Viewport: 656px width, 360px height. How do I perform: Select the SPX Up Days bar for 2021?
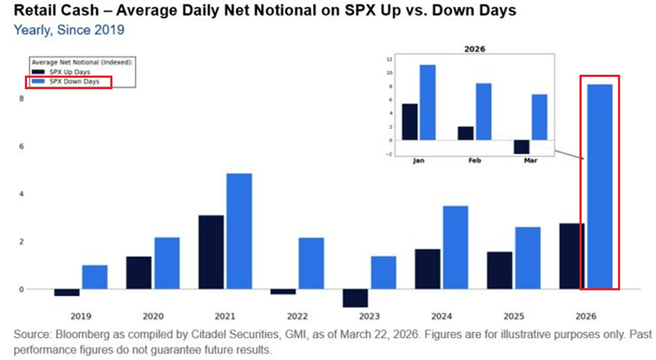click(211, 252)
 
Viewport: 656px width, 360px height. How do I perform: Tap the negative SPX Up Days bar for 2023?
click(355, 298)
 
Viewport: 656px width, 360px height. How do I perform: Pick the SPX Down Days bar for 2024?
click(455, 247)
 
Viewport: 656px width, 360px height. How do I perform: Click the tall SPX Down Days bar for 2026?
click(600, 186)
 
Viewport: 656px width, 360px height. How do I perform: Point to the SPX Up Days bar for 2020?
click(138, 272)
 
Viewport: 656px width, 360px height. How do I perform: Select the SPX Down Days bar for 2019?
click(95, 277)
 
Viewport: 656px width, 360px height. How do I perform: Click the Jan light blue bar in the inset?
click(427, 102)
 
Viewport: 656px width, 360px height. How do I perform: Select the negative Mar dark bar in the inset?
click(521, 147)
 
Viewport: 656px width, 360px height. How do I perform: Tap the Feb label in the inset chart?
click(474, 160)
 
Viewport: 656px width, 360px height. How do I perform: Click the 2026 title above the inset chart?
click(473, 49)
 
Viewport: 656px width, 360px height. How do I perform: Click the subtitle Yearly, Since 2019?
click(69, 30)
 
